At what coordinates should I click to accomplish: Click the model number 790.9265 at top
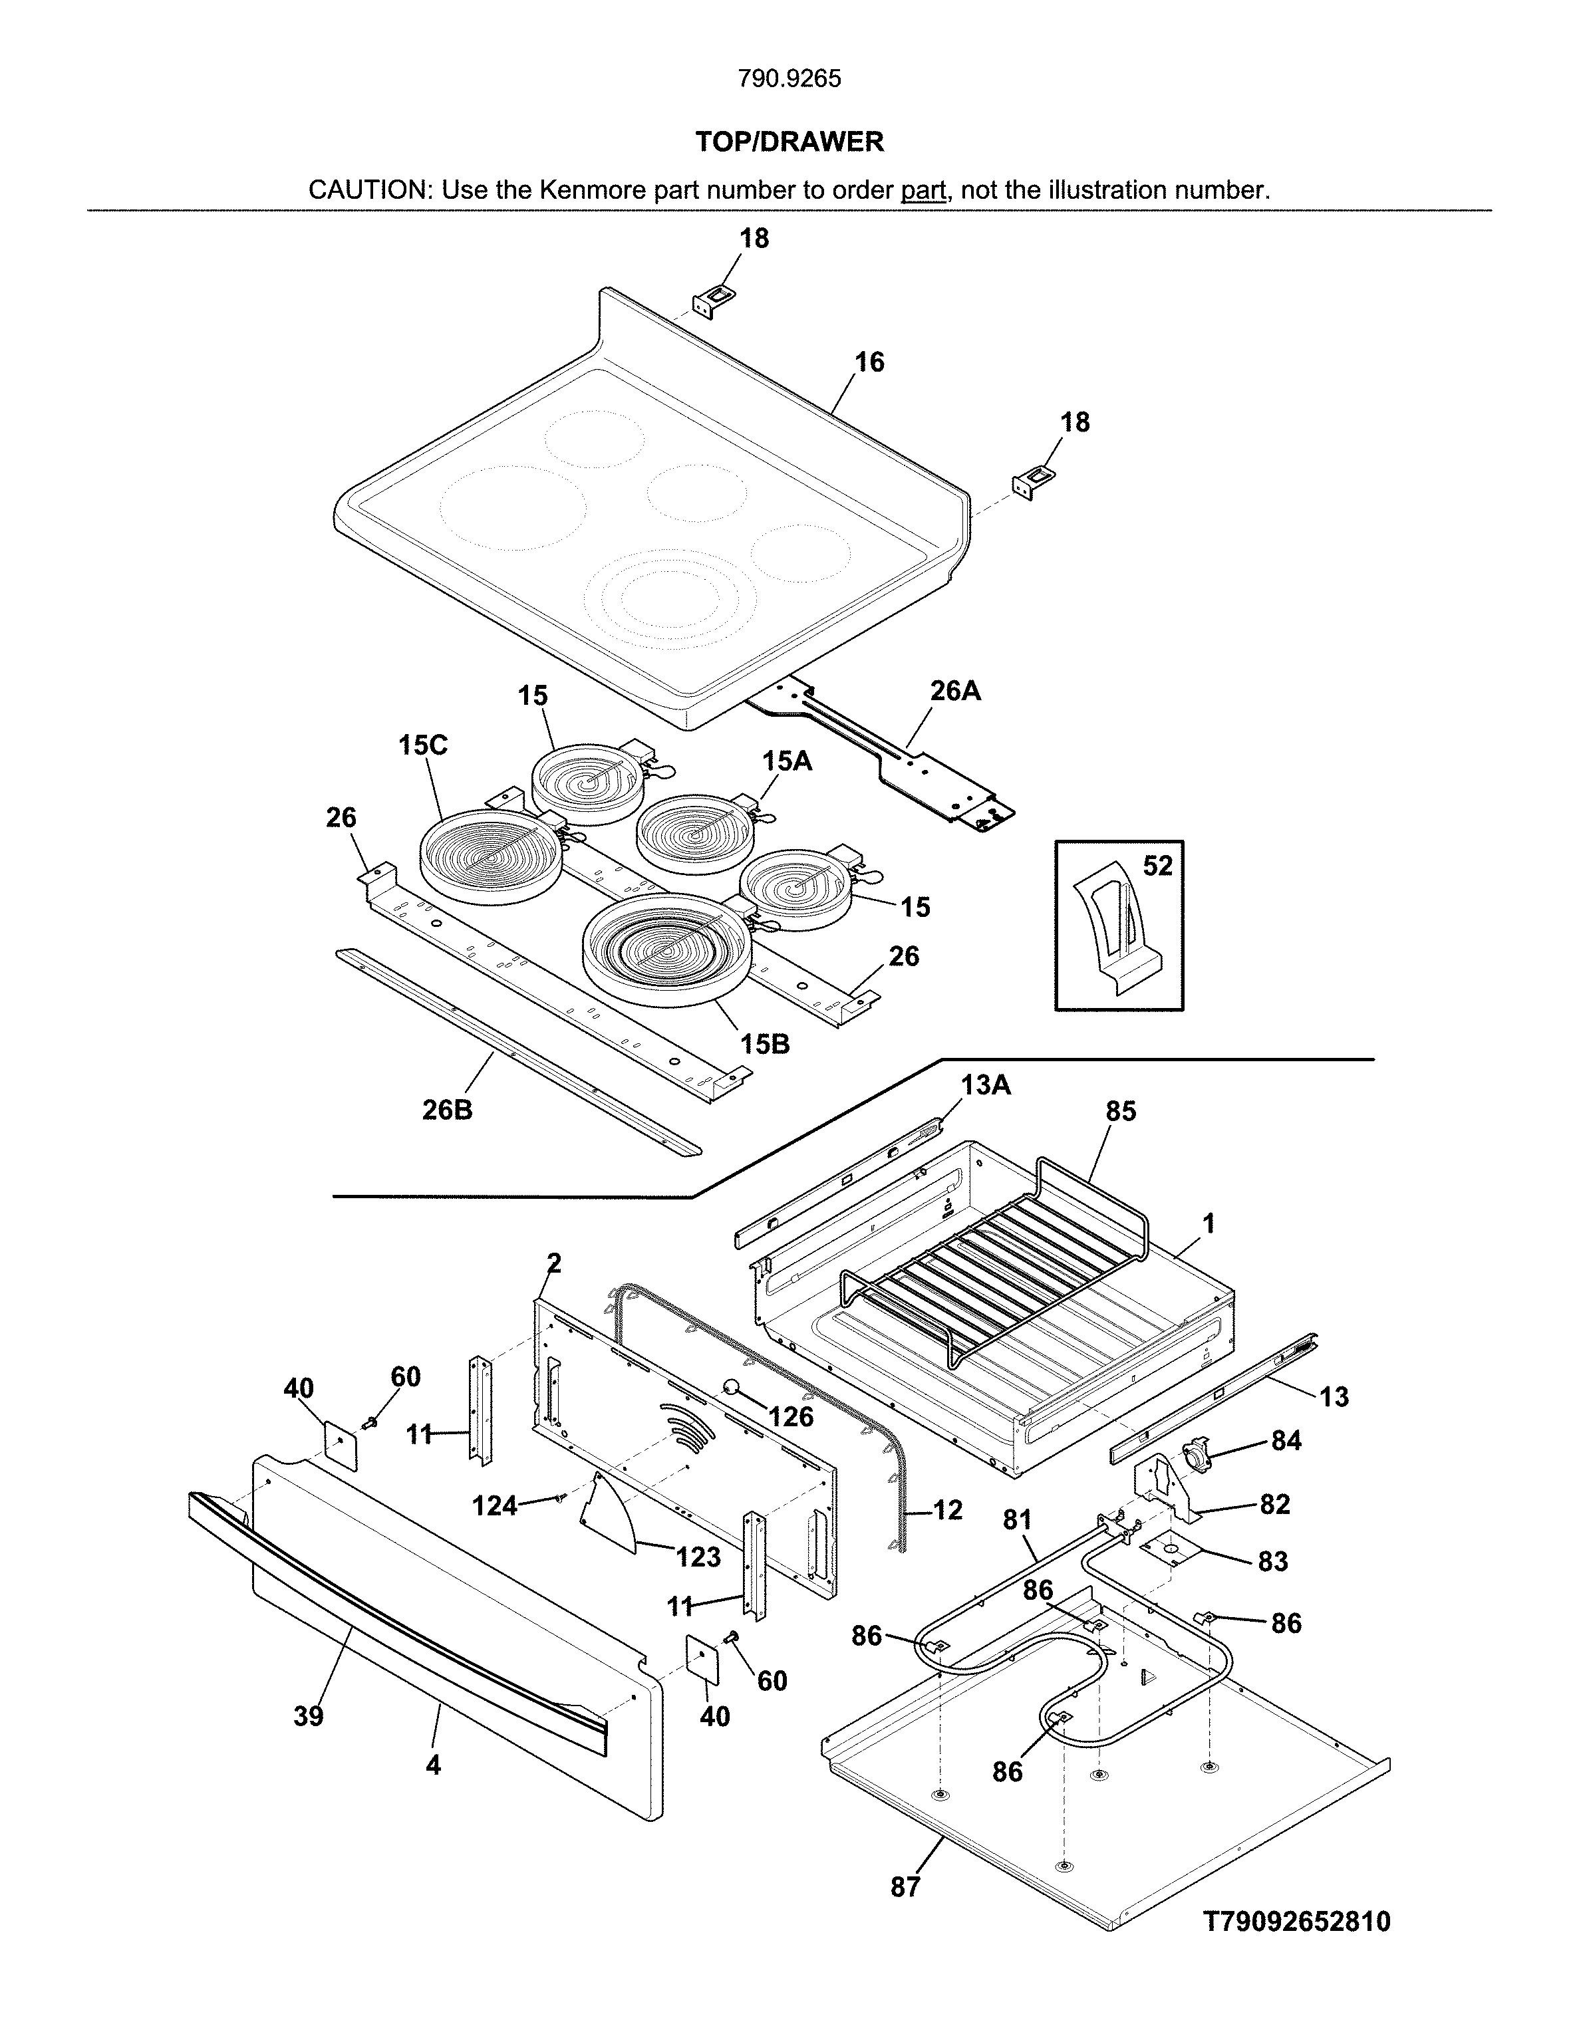point(789,79)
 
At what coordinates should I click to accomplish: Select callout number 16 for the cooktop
point(869,362)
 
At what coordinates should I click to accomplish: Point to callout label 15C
point(423,745)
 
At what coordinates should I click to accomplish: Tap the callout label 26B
point(447,1110)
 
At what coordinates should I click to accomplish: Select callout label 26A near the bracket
point(955,691)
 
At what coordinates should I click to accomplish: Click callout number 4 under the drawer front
point(432,1764)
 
